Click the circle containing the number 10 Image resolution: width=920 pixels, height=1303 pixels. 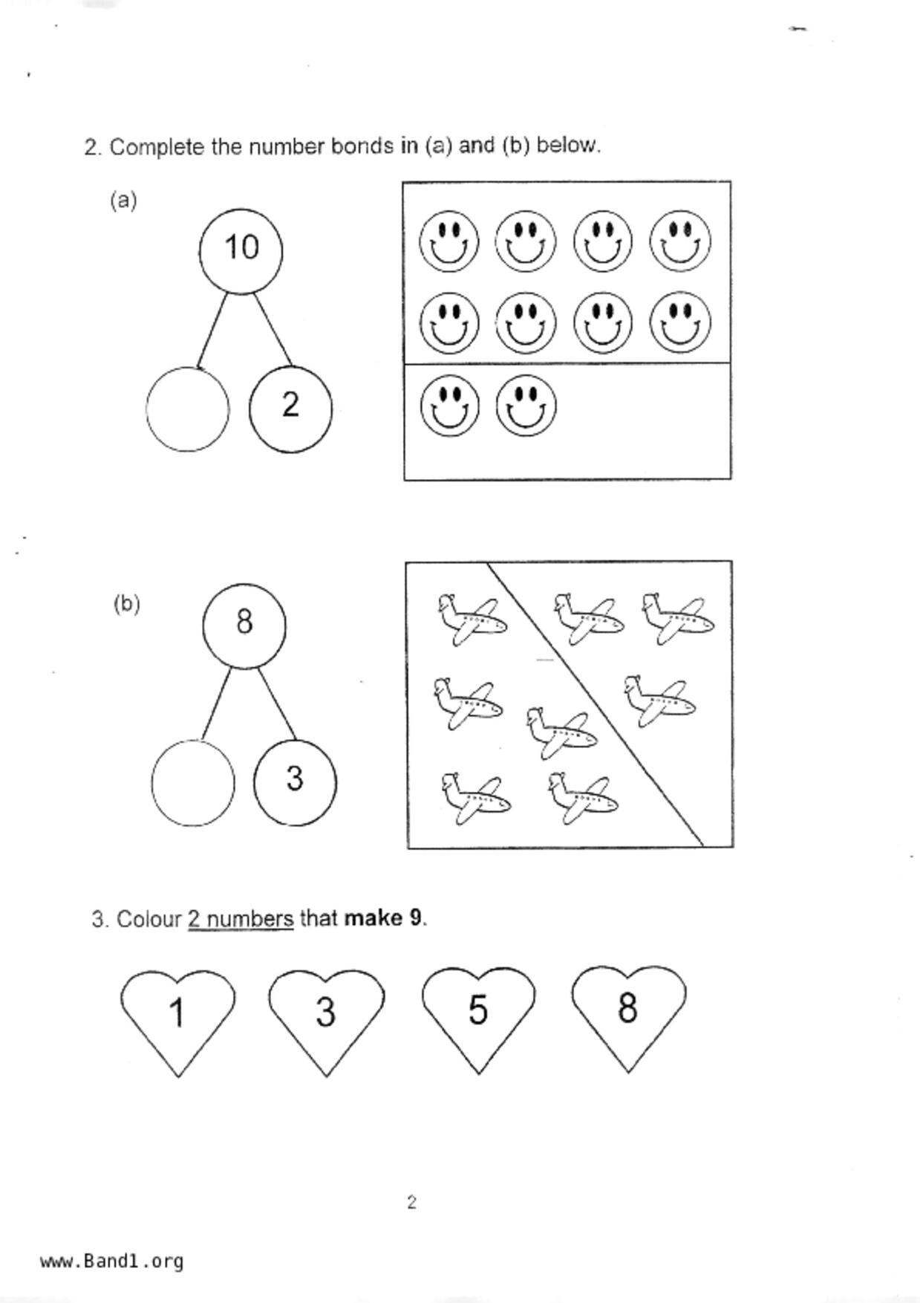click(x=241, y=250)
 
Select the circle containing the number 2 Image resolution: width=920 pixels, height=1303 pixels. click(x=290, y=408)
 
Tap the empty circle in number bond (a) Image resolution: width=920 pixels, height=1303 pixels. click(x=187, y=409)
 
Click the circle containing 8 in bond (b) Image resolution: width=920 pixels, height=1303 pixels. click(x=244, y=624)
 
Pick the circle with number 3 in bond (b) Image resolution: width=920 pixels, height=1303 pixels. click(x=294, y=782)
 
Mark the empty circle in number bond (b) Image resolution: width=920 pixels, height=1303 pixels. click(x=192, y=784)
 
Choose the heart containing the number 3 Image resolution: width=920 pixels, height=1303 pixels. click(x=326, y=1015)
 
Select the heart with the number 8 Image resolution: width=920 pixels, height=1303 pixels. click(x=628, y=1011)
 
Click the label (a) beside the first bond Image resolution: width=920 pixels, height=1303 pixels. click(x=123, y=201)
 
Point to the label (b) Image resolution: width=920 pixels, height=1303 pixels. click(x=127, y=604)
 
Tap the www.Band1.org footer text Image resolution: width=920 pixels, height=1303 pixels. click(x=112, y=1261)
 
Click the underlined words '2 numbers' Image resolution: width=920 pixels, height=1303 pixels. click(x=241, y=919)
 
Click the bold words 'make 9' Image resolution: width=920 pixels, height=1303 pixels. click(x=384, y=918)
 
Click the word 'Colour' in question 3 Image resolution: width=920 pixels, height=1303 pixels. click(x=149, y=920)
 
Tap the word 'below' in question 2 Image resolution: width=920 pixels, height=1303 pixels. click(x=567, y=145)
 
